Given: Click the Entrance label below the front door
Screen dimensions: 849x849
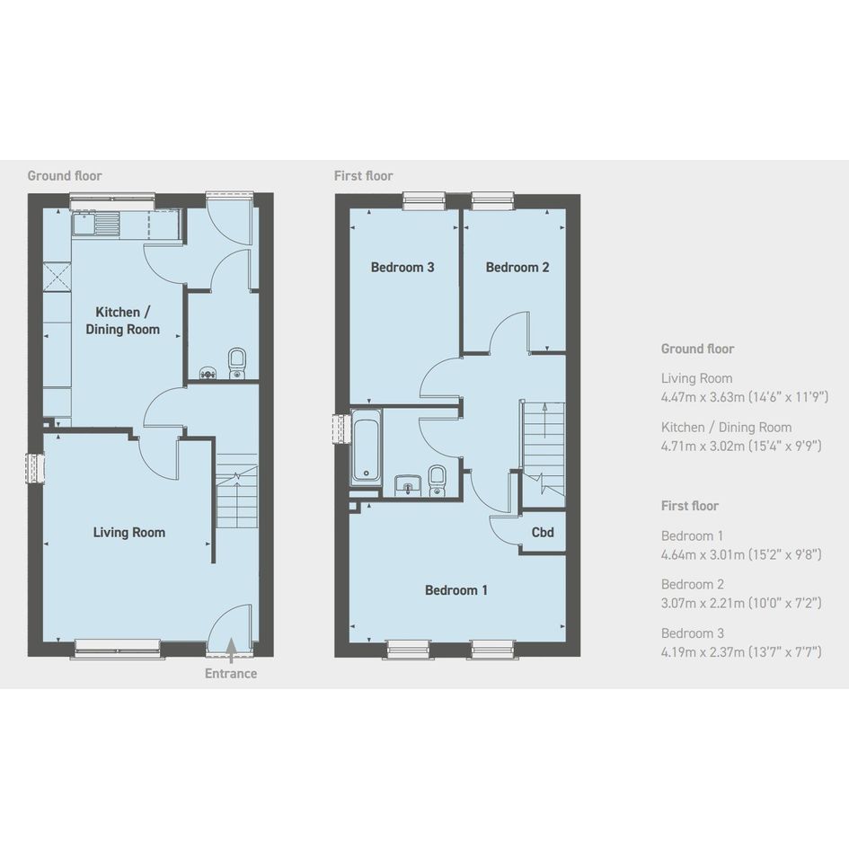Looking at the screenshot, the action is click(x=231, y=674).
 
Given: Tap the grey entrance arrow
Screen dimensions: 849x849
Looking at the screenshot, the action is click(x=231, y=650).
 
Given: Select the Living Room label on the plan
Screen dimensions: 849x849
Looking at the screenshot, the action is click(x=128, y=533).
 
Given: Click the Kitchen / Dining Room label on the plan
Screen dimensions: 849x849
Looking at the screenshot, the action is click(x=123, y=321).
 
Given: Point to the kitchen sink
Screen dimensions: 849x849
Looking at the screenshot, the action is click(x=96, y=224).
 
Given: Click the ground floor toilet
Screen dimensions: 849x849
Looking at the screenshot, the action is click(x=237, y=363).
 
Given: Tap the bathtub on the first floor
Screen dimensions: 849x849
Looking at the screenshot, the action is click(x=366, y=447).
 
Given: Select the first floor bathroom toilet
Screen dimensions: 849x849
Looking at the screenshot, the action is click(x=437, y=481).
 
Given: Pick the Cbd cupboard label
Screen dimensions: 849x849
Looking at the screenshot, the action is click(x=543, y=532).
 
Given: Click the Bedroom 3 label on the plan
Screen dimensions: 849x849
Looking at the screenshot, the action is click(x=402, y=268).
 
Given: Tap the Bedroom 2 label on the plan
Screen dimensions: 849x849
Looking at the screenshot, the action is click(x=517, y=268).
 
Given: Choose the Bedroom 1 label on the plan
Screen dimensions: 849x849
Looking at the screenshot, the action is click(x=455, y=590).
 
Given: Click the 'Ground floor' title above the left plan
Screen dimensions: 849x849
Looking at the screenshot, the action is click(x=65, y=176).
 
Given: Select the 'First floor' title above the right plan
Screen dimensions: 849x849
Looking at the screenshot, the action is click(x=363, y=176).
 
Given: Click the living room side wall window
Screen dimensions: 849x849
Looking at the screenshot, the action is click(x=36, y=468).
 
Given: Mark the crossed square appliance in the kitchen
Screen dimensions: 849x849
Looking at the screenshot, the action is click(x=57, y=276).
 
